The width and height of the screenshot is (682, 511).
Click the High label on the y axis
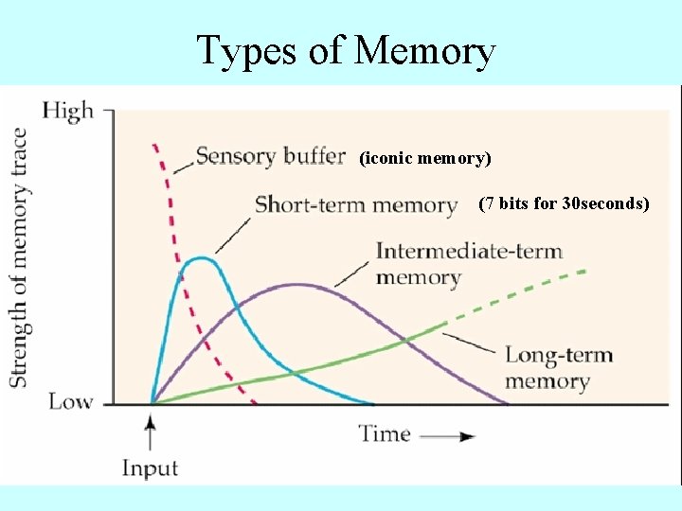pos(68,111)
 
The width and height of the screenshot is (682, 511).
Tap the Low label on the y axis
pos(71,402)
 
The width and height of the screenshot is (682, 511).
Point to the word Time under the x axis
pos(385,434)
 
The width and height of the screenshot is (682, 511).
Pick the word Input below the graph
pos(150,467)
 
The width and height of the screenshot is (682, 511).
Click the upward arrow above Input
pos(151,432)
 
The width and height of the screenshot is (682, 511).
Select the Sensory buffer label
pos(270,155)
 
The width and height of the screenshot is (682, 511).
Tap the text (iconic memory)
pos(425,159)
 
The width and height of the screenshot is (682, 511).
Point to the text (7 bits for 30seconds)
pos(564,203)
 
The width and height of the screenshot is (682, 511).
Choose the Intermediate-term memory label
pos(468,264)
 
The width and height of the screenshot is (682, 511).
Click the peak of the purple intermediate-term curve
pos(297,285)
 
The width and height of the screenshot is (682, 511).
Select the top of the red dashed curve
pos(154,147)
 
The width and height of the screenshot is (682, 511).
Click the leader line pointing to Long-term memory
pos(470,342)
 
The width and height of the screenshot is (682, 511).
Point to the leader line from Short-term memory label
pos(234,231)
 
